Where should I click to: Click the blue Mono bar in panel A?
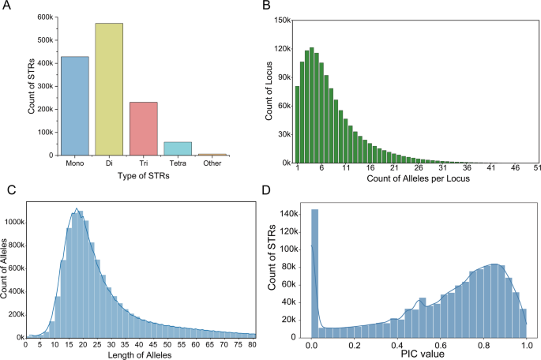pos(76,106)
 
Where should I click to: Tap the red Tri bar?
pos(145,129)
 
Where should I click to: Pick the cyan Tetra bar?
pos(178,148)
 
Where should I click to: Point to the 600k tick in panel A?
pos(45,17)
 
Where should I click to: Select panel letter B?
pos(266,6)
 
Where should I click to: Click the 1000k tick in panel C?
pos(13,223)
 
